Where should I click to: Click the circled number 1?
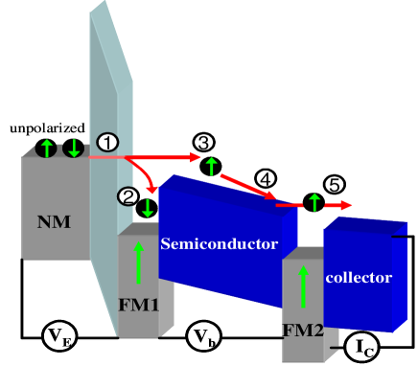pos(107,141)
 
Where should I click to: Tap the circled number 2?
pos(128,195)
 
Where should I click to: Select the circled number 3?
pos(202,142)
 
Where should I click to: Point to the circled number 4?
pos(266,177)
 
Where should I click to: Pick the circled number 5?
pos(333,183)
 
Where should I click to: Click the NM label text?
pos(53,223)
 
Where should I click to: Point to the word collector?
pos(359,277)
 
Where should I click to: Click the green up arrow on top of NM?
pos(46,149)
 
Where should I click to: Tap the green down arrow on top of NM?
pos(73,149)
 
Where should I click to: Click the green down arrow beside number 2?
pos(148,206)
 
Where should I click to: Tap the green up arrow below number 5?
pos(313,202)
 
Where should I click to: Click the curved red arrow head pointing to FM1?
pos(150,187)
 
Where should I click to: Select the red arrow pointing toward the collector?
pos(337,204)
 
